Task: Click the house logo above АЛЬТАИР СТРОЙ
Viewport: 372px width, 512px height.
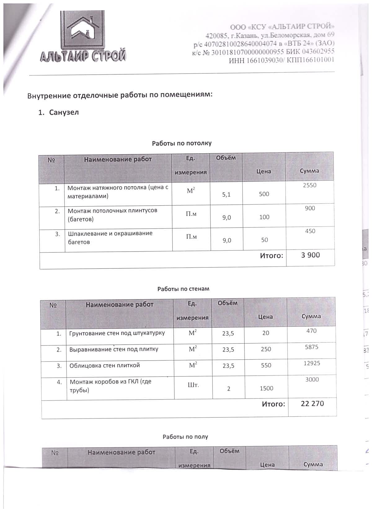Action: tap(83, 31)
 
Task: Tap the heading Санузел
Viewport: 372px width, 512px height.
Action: tap(64, 112)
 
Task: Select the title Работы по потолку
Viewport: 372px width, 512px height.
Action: tap(182, 143)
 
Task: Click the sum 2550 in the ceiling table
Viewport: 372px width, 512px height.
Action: tap(310, 185)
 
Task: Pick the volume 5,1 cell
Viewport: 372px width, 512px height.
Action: tap(226, 195)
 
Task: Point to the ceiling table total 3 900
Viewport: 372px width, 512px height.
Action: tap(310, 255)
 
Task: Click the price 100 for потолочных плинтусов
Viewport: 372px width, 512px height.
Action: tap(264, 217)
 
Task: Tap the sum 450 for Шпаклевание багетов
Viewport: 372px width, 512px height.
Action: tap(310, 231)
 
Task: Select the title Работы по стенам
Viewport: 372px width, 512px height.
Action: tap(183, 289)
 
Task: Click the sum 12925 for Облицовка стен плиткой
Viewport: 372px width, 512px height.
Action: tap(312, 363)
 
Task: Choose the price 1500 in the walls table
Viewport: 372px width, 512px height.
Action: tap(266, 388)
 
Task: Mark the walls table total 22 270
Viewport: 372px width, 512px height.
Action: tap(312, 403)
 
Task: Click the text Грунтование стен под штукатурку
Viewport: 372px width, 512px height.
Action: tap(117, 333)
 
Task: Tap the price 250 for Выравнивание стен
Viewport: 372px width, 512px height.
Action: tap(266, 349)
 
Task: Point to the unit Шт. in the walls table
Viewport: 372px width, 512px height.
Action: tap(193, 385)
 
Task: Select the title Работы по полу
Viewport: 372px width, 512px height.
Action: tap(185, 437)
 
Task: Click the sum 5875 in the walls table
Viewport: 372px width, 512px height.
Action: tap(312, 347)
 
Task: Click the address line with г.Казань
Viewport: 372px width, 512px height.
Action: tap(270, 35)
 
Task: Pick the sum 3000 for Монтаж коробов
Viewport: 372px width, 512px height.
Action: tap(312, 380)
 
